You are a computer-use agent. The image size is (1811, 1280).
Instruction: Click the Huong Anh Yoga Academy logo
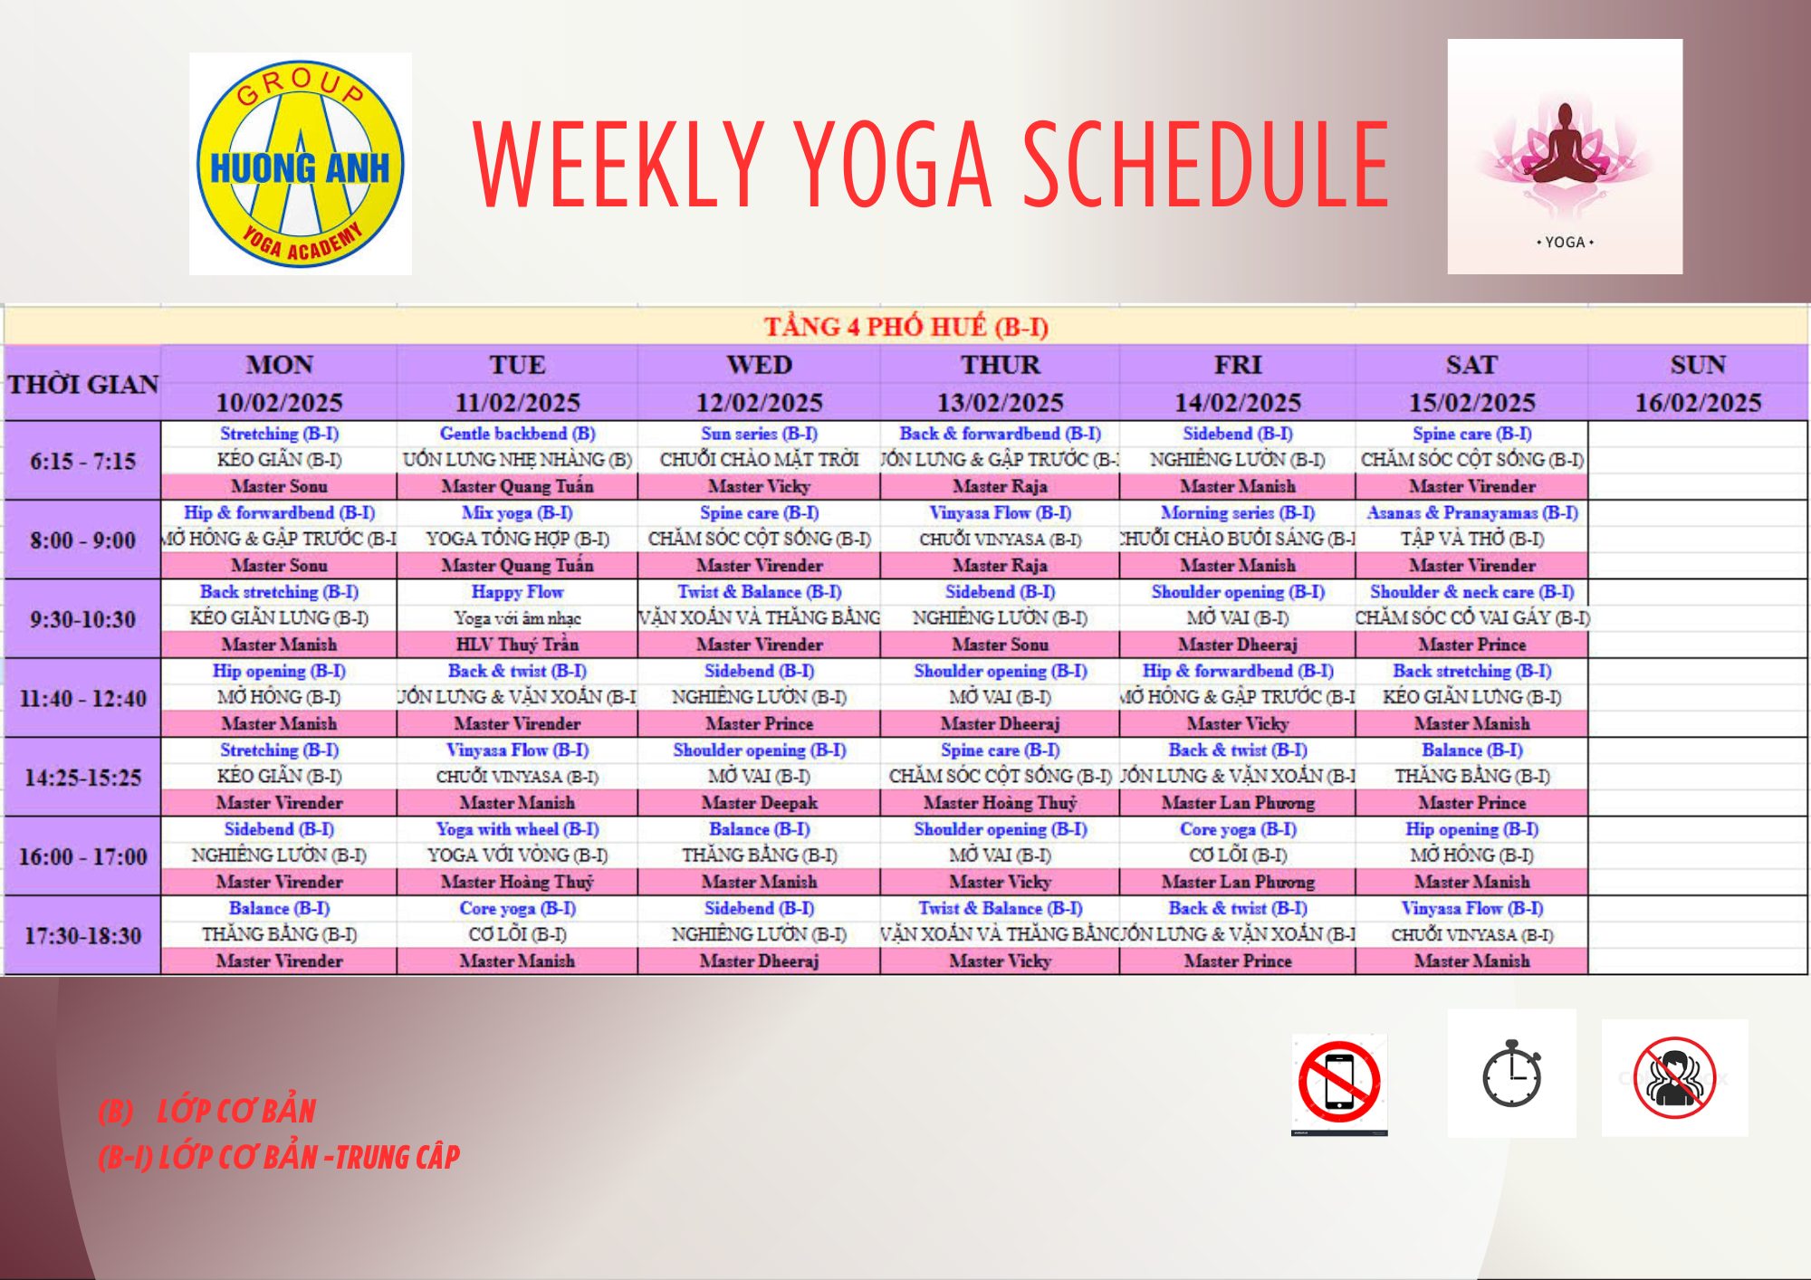(x=300, y=164)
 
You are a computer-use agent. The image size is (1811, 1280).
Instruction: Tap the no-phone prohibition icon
(x=1339, y=1083)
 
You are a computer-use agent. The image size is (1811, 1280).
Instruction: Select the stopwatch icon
(x=1511, y=1074)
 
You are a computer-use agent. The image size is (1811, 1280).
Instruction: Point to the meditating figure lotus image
(x=1564, y=149)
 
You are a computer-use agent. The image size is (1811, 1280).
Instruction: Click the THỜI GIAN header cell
(x=82, y=384)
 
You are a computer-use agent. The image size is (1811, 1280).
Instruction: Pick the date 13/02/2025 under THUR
(x=1000, y=402)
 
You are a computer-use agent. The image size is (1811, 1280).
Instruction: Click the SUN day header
(x=1698, y=365)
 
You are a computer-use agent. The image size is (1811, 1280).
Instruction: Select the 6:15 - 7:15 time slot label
(x=82, y=461)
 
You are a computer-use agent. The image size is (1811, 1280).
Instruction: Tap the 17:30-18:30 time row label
(x=82, y=935)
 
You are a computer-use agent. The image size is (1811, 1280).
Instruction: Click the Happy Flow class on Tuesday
(x=517, y=592)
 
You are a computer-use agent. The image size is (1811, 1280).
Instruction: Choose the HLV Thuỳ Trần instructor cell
(x=517, y=645)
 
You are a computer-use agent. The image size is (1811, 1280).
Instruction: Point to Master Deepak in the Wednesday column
(x=759, y=803)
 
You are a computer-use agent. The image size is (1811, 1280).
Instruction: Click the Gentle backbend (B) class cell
(x=517, y=434)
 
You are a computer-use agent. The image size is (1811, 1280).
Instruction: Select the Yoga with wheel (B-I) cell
(x=517, y=829)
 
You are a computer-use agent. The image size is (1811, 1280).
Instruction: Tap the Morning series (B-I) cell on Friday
(x=1237, y=513)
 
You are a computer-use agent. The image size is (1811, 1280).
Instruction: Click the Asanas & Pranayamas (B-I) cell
(x=1471, y=513)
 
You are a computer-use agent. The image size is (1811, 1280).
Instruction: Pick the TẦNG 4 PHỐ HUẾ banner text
(x=905, y=326)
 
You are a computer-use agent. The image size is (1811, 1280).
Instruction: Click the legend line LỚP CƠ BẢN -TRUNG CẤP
(x=279, y=1157)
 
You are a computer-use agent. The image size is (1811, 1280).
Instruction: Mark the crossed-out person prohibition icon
(x=1674, y=1077)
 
